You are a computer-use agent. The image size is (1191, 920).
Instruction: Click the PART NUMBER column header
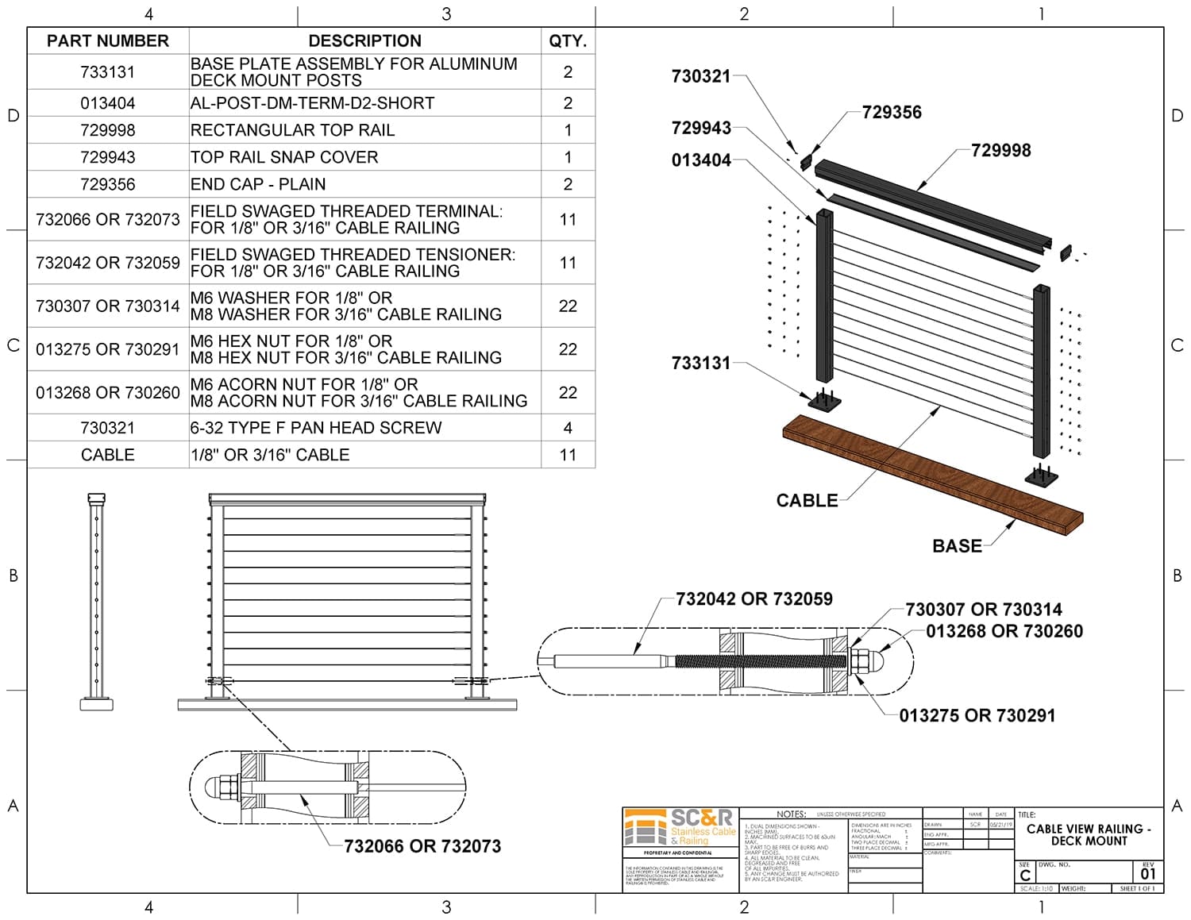click(x=108, y=41)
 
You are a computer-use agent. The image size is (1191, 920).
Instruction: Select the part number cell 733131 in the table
click(x=108, y=72)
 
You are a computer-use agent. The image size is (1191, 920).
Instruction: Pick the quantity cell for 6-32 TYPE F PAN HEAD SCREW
click(x=568, y=428)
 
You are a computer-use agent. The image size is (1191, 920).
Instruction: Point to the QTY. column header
click(x=568, y=41)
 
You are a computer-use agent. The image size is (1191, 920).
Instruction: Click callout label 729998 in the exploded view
click(x=1000, y=151)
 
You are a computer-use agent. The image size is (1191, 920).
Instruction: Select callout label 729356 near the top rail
click(x=892, y=113)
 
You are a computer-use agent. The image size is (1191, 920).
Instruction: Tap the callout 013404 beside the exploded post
click(x=701, y=160)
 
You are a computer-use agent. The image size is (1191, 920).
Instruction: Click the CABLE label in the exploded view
click(x=807, y=501)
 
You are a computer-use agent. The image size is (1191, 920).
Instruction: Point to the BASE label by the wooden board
click(x=957, y=546)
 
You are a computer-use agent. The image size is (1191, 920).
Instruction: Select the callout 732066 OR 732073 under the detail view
click(x=422, y=846)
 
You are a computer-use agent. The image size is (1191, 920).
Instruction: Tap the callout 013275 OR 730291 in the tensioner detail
click(x=977, y=716)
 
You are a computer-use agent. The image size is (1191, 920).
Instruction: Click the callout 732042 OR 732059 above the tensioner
click(x=754, y=599)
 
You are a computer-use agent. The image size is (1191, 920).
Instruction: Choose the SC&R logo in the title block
click(x=680, y=829)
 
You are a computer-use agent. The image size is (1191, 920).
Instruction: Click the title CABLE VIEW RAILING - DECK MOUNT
click(x=1089, y=835)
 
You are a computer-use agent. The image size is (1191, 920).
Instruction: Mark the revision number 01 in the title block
click(x=1148, y=874)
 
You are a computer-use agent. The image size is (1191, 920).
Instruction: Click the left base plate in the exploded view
click(x=824, y=401)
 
